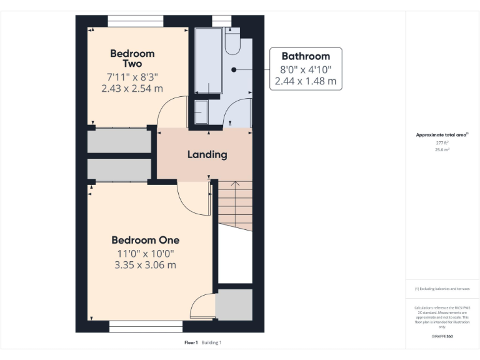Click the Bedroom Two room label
click(132, 59)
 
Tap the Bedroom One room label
click(145, 240)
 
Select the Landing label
click(207, 154)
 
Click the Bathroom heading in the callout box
click(306, 56)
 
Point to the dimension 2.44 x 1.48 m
click(306, 81)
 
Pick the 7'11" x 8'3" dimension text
click(132, 77)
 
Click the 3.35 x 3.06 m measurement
click(145, 265)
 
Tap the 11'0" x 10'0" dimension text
click(145, 253)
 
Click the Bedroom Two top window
click(136, 21)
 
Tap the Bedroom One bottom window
click(146, 327)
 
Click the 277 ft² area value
click(442, 142)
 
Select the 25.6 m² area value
click(442, 149)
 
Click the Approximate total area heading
click(441, 134)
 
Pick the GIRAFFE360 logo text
click(442, 337)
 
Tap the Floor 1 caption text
click(191, 342)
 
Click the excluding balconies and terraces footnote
click(442, 289)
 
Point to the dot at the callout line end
click(233, 69)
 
